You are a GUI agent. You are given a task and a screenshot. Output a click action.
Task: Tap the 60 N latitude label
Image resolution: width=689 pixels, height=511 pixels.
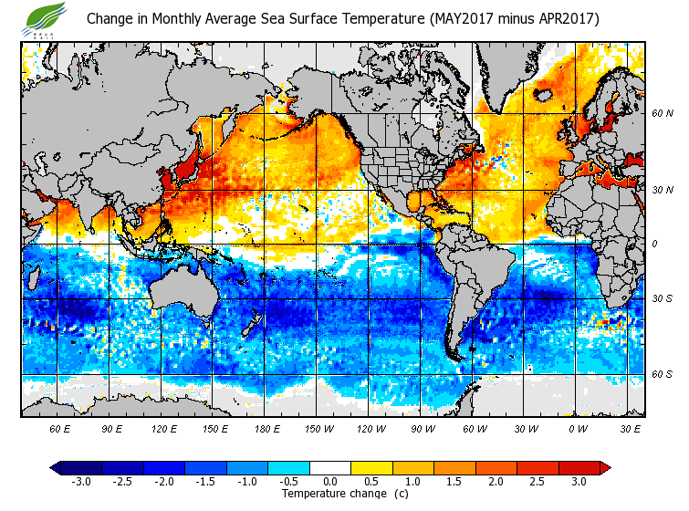point(662,114)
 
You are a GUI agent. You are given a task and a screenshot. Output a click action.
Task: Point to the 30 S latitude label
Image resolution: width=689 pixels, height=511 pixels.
point(662,298)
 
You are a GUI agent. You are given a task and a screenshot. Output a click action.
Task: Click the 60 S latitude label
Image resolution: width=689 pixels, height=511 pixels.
point(662,375)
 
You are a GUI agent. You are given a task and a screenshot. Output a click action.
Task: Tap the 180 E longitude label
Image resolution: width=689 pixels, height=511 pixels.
point(266,428)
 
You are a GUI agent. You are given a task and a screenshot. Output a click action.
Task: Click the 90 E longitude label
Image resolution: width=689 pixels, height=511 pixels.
point(112,428)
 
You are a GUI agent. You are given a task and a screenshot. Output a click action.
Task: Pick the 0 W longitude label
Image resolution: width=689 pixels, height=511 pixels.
point(577,428)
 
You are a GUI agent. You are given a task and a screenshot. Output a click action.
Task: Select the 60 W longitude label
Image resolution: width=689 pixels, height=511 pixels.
point(474,428)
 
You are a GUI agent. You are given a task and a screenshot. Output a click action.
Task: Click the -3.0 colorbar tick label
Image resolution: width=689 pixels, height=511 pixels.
point(80,481)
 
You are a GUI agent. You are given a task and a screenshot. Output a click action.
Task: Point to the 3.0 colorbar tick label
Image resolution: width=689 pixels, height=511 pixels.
point(579,481)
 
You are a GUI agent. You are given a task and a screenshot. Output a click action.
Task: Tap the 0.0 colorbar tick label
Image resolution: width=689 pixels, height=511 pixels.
point(330,481)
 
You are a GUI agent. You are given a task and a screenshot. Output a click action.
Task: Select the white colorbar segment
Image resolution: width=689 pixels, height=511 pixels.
point(330,467)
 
